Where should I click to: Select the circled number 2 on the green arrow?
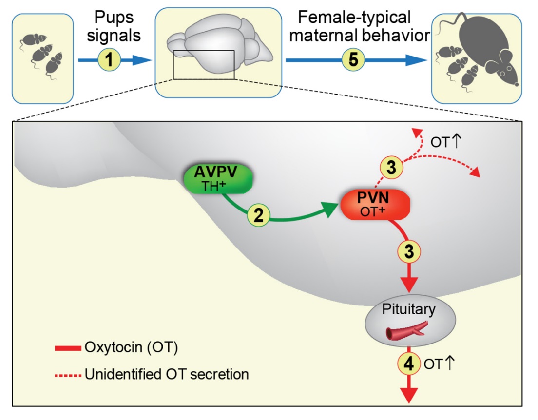(259, 215)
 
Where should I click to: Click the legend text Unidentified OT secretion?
(167, 374)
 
